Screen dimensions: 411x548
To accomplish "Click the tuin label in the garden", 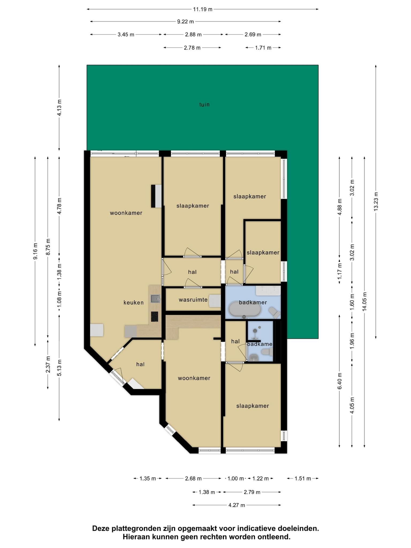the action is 204,104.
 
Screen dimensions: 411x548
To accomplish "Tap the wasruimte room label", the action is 193,300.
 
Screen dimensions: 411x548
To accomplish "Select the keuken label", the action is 134,303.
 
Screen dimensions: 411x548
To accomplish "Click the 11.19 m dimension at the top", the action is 203,9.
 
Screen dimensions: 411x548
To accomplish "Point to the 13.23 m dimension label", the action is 376,201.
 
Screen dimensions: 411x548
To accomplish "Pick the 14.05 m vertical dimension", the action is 364,301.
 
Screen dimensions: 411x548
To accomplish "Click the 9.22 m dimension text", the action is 185,22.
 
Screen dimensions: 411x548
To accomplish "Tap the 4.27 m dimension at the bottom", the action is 237,505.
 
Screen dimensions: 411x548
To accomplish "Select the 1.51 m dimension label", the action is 303,478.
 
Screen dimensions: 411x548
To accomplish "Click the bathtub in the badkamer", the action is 245,310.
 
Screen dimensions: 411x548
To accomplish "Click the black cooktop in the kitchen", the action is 154,317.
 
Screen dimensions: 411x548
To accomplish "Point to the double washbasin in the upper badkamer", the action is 268,291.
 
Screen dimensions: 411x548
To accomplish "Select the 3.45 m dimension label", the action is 126,35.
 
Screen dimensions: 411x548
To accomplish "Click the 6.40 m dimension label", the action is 340,381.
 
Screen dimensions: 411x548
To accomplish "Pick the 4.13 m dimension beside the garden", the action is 59,108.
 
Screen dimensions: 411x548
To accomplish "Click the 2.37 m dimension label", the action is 48,364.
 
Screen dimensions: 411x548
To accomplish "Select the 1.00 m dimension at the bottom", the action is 235,478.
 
